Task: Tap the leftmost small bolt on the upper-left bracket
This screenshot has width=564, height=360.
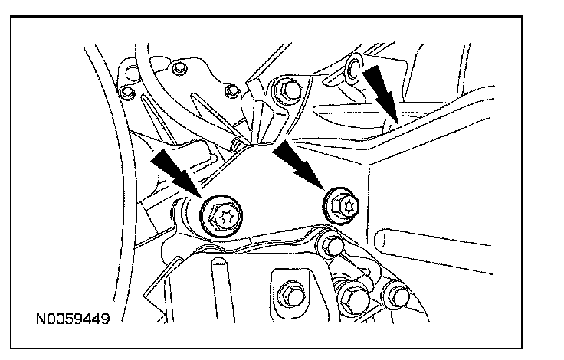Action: [x=127, y=93]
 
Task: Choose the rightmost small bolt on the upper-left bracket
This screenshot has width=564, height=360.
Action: [x=228, y=92]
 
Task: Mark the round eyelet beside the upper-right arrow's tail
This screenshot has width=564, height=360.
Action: [x=353, y=70]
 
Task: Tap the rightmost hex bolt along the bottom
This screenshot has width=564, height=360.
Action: [x=395, y=293]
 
